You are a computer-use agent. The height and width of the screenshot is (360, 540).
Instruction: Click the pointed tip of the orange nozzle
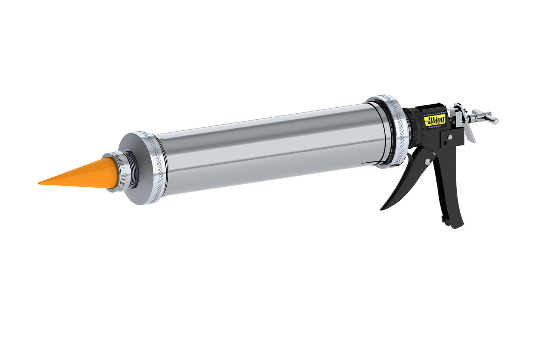[40, 183]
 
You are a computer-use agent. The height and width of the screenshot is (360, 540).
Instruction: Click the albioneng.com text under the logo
[435, 127]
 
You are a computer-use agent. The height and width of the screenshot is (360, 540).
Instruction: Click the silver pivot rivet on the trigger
[427, 161]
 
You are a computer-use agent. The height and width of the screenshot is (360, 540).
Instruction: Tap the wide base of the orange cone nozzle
[110, 173]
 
